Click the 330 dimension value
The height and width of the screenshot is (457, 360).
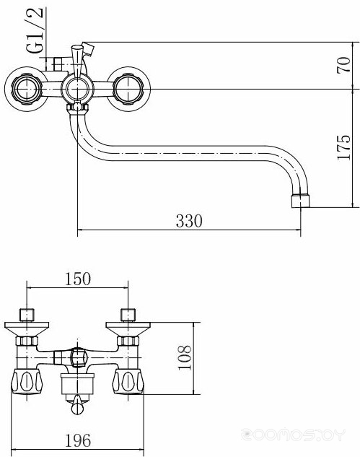[189, 221]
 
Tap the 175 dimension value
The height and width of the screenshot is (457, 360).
[343, 147]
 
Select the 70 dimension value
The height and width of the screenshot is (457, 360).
[343, 65]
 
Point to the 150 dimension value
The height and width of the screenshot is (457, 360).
[77, 279]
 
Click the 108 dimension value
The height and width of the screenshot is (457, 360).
[185, 357]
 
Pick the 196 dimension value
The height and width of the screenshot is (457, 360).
[78, 440]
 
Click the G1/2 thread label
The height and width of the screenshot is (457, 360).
[35, 30]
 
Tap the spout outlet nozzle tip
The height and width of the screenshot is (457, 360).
[301, 201]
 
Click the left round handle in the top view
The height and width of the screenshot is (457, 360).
[27, 89]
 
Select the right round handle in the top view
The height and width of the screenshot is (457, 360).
[128, 89]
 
